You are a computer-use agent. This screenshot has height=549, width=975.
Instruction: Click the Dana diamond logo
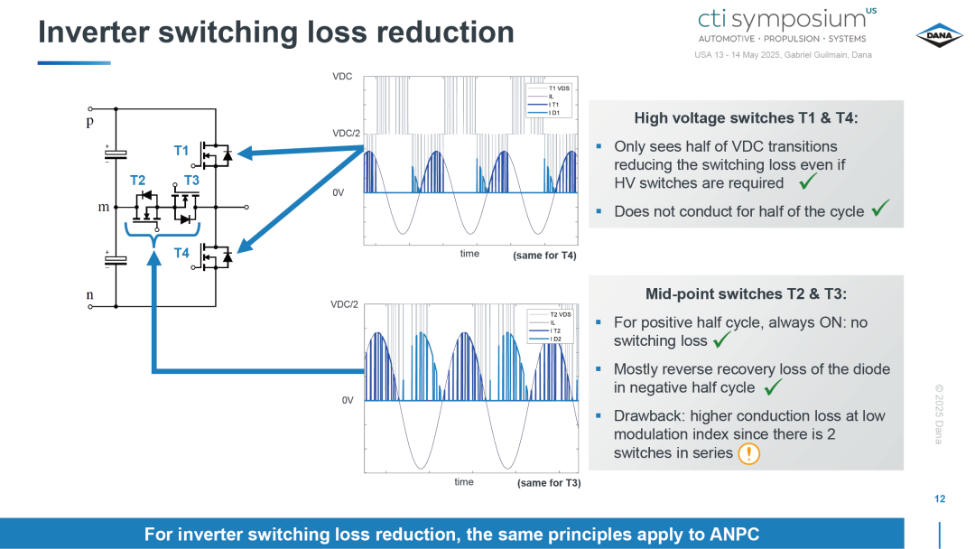point(939,35)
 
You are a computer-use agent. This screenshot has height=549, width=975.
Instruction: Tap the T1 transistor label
point(181,151)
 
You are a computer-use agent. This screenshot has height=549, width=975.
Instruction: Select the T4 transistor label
point(181,253)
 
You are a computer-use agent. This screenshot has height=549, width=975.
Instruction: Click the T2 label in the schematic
point(137,181)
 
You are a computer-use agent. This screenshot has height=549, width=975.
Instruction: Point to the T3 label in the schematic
point(191,181)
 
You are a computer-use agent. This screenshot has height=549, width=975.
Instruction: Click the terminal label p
point(90,121)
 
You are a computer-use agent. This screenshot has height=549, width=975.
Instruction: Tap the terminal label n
point(90,294)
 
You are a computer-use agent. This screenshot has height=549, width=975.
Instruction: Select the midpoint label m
point(104,207)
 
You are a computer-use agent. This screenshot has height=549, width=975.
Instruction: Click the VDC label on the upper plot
point(342,77)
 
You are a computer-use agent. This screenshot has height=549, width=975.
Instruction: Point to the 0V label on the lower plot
point(348,400)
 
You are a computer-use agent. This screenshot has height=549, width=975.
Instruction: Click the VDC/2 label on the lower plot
point(345,304)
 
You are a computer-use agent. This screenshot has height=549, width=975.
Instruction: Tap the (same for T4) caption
point(544,256)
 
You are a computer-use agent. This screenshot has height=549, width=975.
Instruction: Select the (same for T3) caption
point(549,483)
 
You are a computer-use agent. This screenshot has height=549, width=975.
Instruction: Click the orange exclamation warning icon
point(748,453)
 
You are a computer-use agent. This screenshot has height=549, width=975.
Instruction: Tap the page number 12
point(940,498)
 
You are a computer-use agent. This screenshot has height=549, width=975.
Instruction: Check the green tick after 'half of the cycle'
point(880,209)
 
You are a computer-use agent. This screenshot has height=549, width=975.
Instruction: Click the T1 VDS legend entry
point(559,88)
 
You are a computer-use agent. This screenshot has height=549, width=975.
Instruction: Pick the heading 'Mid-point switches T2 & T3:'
point(747,293)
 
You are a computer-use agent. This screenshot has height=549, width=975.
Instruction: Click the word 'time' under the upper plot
point(469,254)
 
